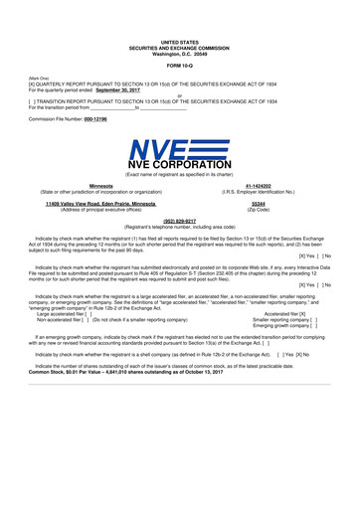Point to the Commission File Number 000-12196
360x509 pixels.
[107, 118]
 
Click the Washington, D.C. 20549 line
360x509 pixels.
[179, 52]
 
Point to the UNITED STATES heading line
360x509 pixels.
[179, 42]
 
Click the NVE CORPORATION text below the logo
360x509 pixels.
[180, 165]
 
